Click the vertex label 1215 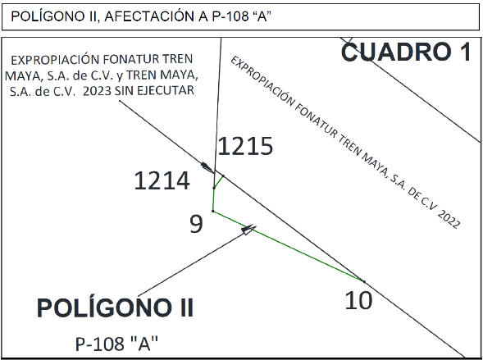pos(245,146)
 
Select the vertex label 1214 pos(162,180)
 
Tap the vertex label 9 pos(196,224)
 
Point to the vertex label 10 pos(358,300)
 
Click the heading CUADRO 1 pos(406,52)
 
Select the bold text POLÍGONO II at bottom pos(115,308)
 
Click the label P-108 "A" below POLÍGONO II pos(116,344)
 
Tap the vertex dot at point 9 pos(213,211)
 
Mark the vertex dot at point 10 pos(364,281)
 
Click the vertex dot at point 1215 pos(223,176)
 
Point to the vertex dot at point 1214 pos(214,188)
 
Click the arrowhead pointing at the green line pos(248,229)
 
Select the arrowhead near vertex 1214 pos(207,167)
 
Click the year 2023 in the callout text pos(97,91)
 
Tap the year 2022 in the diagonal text pos(449,219)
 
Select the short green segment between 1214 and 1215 pos(218,181)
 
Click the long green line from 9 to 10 pos(289,246)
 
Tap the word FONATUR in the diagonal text pos(317,120)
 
